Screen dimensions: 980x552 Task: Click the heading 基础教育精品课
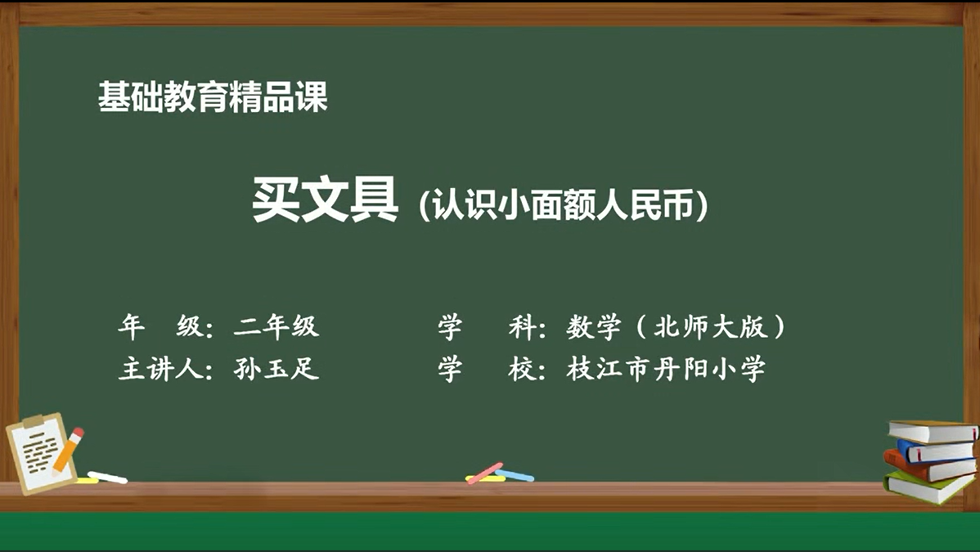pyautogui.click(x=213, y=96)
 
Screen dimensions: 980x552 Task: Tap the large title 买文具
pyautogui.click(x=325, y=199)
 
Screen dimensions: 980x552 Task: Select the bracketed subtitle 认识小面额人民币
pyautogui.click(x=563, y=204)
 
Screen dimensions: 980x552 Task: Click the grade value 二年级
pyautogui.click(x=276, y=326)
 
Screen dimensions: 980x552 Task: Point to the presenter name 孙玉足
pyautogui.click(x=276, y=368)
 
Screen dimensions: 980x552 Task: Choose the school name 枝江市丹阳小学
pyautogui.click(x=666, y=368)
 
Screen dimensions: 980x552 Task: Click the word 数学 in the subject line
pyautogui.click(x=594, y=326)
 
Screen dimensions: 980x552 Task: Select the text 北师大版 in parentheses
pyautogui.click(x=710, y=326)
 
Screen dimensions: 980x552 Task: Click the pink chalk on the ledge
pyautogui.click(x=486, y=473)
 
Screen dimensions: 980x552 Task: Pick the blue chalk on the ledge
pyautogui.click(x=516, y=476)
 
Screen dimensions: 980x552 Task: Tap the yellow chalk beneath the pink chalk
pyautogui.click(x=485, y=479)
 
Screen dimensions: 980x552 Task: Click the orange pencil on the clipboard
pyautogui.click(x=68, y=451)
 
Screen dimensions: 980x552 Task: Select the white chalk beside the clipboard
pyautogui.click(x=107, y=477)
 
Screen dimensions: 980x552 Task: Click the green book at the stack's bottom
pyautogui.click(x=928, y=487)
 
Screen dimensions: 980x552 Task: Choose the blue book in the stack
pyautogui.click(x=936, y=451)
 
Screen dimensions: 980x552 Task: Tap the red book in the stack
pyautogui.click(x=929, y=466)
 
